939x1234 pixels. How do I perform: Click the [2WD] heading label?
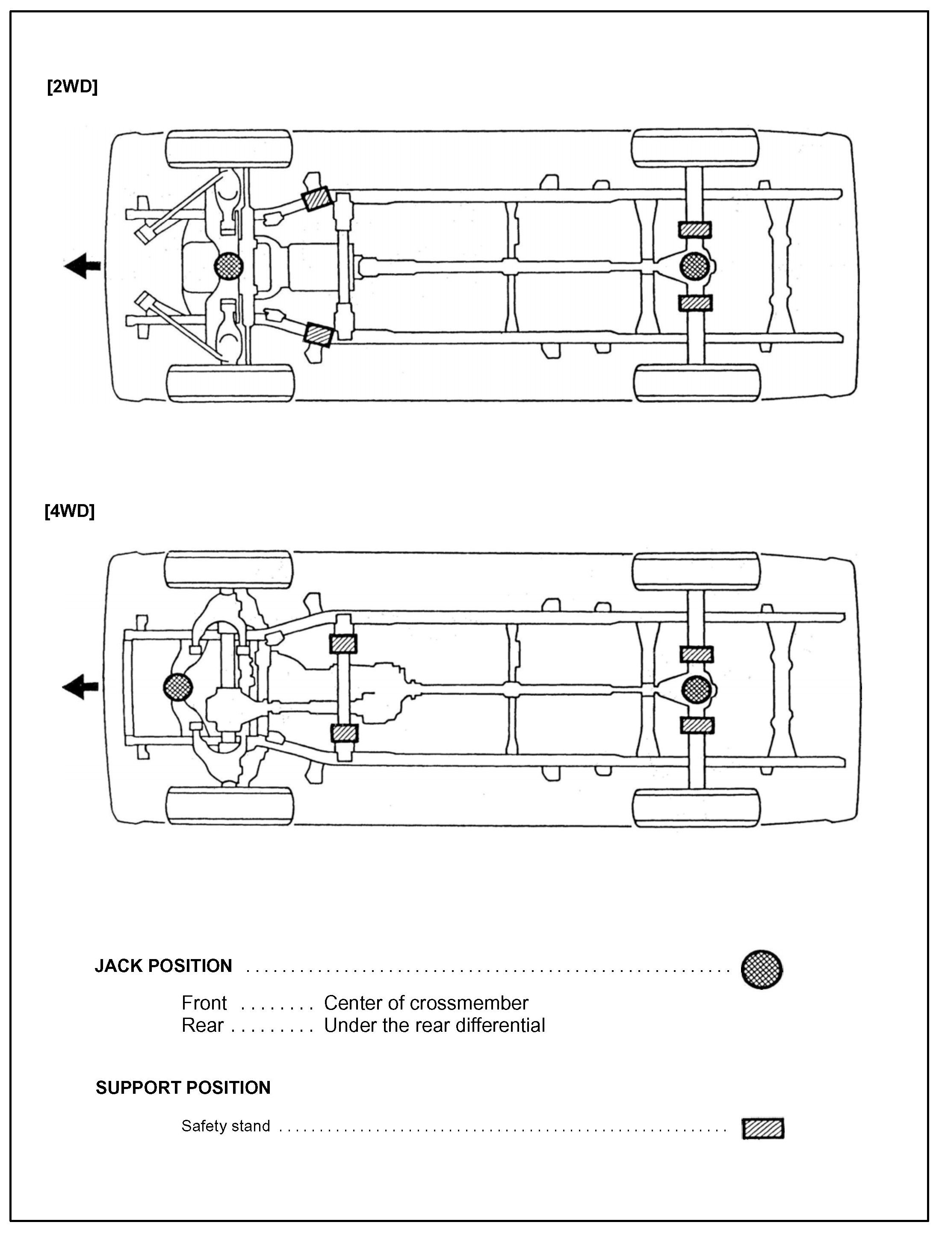point(73,87)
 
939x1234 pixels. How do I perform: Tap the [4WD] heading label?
point(70,511)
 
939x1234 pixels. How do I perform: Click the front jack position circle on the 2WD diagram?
point(229,266)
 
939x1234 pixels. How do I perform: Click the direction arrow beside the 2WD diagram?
point(82,266)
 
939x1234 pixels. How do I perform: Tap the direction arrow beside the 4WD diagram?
point(80,686)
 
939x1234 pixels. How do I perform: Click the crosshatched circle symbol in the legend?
point(762,968)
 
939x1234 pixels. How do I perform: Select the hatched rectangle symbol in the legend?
point(763,1128)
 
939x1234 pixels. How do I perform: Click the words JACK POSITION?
point(163,966)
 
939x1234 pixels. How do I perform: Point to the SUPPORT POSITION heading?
point(183,1088)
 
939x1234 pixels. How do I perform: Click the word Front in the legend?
point(204,1003)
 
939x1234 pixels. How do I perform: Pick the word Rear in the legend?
point(202,1025)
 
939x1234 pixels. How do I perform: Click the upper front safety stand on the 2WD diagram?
point(316,198)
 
